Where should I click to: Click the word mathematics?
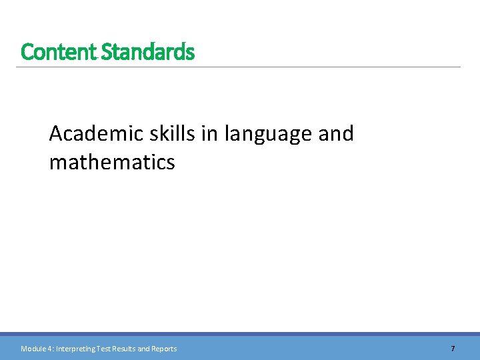tap(112, 162)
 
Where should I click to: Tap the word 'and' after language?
tap(336, 134)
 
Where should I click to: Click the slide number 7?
tap(453, 349)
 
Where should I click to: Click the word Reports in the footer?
tap(164, 349)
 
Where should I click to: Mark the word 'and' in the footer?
tap(143, 349)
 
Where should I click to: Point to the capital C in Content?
tap(26, 51)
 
